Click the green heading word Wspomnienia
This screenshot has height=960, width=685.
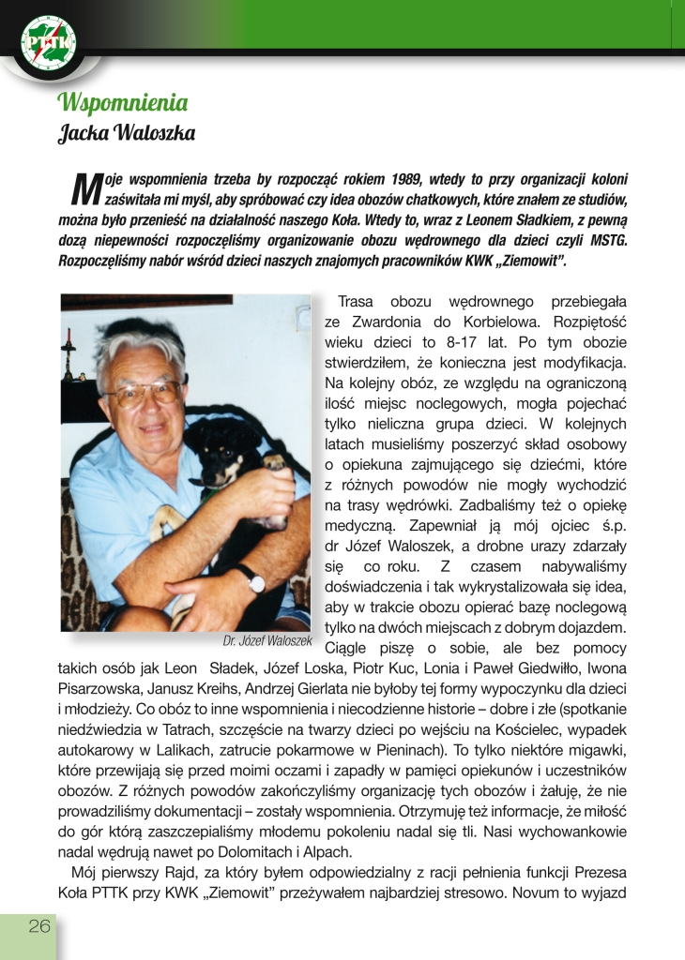(x=122, y=101)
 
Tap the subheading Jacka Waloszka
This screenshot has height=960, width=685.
(x=127, y=132)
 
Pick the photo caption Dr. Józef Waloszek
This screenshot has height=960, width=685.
(x=266, y=640)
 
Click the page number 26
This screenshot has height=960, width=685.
(x=39, y=926)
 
